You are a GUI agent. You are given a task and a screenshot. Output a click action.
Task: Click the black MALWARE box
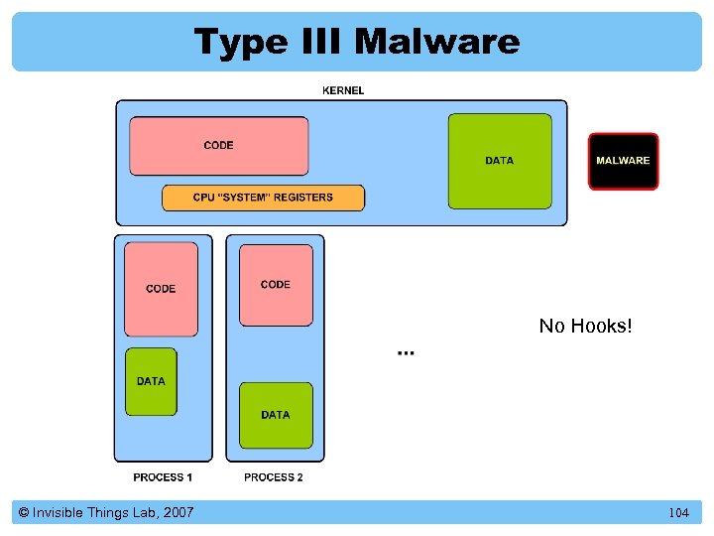pyautogui.click(x=623, y=161)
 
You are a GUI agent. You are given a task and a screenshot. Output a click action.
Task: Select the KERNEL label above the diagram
pyautogui.click(x=343, y=90)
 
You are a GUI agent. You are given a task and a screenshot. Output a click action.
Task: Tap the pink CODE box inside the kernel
pyautogui.click(x=218, y=146)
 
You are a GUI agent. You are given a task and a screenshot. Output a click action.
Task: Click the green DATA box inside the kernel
pyautogui.click(x=500, y=161)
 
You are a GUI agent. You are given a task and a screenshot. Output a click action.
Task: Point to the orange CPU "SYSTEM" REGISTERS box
pyautogui.click(x=263, y=198)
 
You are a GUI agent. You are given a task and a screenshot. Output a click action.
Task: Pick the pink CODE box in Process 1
pyautogui.click(x=161, y=289)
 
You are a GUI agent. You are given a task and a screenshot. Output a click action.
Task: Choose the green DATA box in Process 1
pyautogui.click(x=151, y=381)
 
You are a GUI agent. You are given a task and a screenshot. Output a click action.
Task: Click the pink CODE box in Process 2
pyautogui.click(x=276, y=285)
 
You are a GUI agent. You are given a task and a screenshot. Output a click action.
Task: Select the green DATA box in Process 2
pyautogui.click(x=276, y=415)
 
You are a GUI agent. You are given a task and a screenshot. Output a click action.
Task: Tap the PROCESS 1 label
pyautogui.click(x=163, y=477)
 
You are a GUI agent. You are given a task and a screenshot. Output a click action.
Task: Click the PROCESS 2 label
pyautogui.click(x=274, y=477)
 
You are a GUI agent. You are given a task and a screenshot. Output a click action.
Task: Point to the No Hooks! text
pyautogui.click(x=585, y=326)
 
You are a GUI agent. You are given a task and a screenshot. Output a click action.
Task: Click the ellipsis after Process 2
pyautogui.click(x=406, y=351)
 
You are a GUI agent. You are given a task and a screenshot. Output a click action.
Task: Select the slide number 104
pyautogui.click(x=678, y=513)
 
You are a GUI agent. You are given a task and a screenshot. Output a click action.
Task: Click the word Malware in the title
pyautogui.click(x=436, y=42)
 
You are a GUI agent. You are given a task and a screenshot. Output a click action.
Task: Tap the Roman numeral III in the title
pyautogui.click(x=317, y=42)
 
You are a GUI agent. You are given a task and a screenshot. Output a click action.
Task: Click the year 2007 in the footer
pyautogui.click(x=176, y=512)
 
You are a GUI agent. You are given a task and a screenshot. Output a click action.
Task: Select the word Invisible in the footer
pyautogui.click(x=59, y=512)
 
